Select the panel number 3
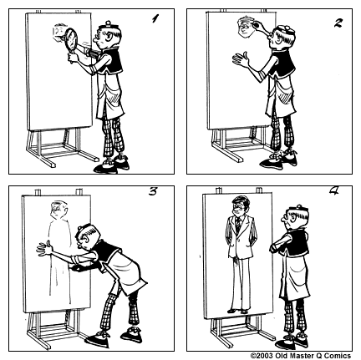153,191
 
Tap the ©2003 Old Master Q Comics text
303,354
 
